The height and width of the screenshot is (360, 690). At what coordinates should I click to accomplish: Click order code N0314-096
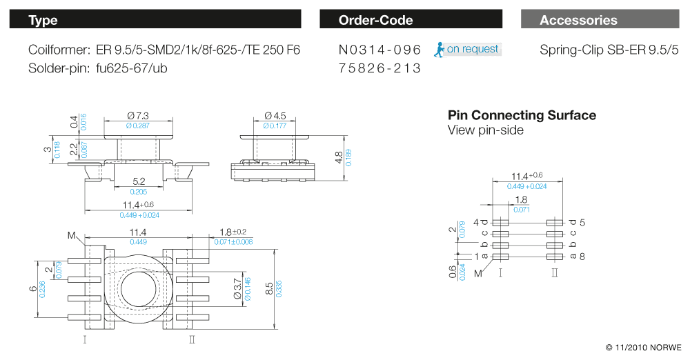(380, 50)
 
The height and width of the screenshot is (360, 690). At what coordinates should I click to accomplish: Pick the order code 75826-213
(380, 69)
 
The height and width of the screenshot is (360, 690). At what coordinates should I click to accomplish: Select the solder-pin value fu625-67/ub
(132, 69)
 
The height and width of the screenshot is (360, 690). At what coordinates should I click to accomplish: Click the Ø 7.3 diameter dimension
(138, 115)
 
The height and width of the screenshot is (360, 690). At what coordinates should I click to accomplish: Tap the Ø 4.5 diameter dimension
(275, 115)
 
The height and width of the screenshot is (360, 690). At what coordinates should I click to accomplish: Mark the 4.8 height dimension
(337, 157)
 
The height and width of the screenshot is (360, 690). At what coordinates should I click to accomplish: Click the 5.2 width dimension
(137, 182)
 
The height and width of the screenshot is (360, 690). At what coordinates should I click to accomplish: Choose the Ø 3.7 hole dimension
(237, 289)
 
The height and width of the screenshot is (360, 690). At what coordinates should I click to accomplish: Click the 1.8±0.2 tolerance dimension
(233, 232)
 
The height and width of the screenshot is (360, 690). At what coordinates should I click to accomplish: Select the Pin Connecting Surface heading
(522, 115)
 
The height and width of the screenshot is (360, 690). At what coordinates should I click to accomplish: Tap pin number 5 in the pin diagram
(582, 223)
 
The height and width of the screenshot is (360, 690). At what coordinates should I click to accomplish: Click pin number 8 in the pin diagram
(582, 257)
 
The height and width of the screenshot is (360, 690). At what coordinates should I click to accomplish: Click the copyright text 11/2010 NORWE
(643, 347)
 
